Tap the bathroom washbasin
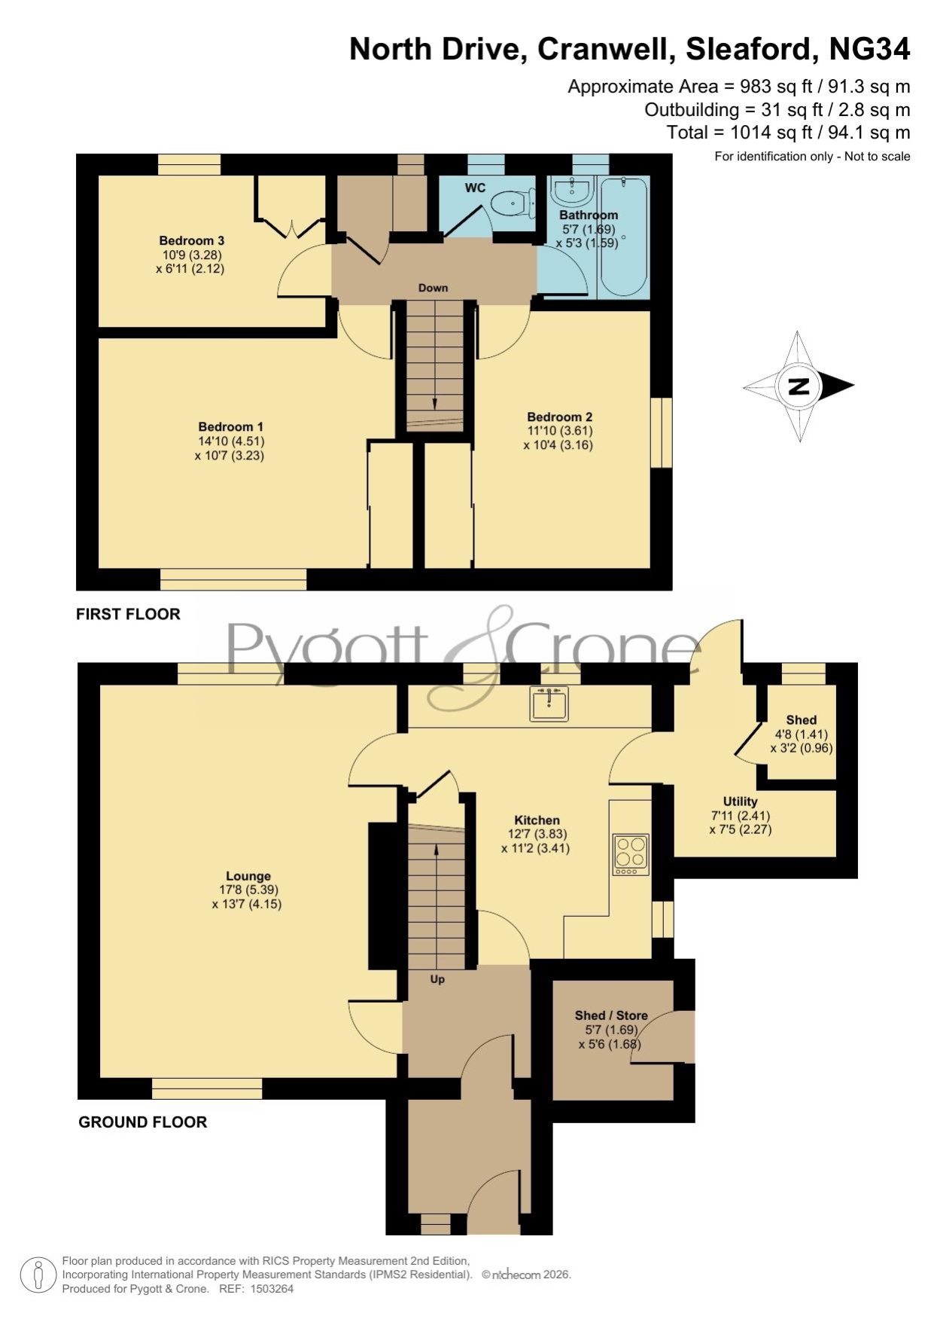pyautogui.click(x=573, y=191)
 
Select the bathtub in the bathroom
pyautogui.click(x=622, y=237)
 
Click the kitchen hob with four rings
pyautogui.click(x=631, y=854)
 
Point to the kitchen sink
pyautogui.click(x=549, y=703)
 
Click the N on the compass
pyautogui.click(x=798, y=386)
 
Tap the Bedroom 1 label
pyautogui.click(x=230, y=427)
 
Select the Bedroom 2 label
pyautogui.click(x=559, y=417)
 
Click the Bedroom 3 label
pyautogui.click(x=191, y=241)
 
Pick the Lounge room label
pyautogui.click(x=248, y=876)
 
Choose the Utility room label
pyautogui.click(x=740, y=801)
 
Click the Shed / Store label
pyautogui.click(x=611, y=1015)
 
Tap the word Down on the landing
pyautogui.click(x=433, y=288)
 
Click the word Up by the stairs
pyautogui.click(x=437, y=979)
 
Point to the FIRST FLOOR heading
pyautogui.click(x=128, y=614)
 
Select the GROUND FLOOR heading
pyautogui.click(x=143, y=1122)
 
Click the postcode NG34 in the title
pyautogui.click(x=869, y=49)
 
